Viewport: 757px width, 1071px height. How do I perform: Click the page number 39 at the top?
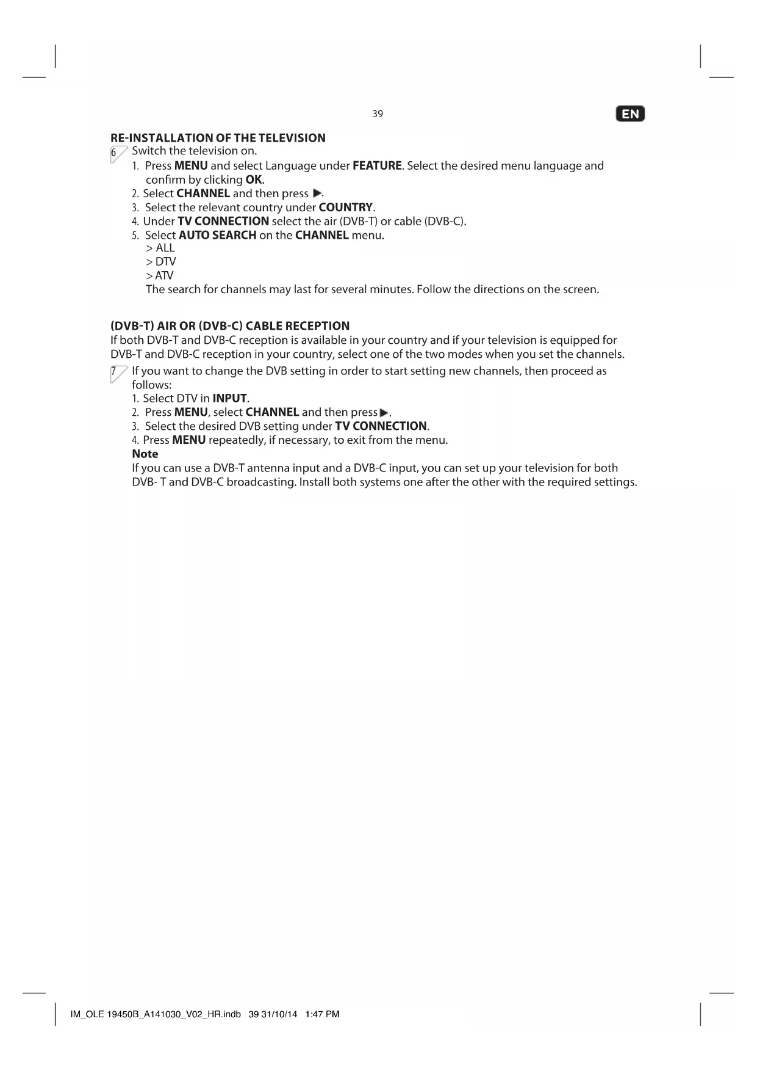click(x=378, y=114)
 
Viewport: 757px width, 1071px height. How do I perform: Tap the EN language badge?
click(x=631, y=114)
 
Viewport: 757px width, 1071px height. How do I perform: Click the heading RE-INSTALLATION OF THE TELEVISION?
click(x=218, y=138)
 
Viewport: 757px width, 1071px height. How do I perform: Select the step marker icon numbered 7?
click(x=118, y=374)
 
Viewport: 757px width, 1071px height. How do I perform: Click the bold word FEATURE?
click(x=377, y=166)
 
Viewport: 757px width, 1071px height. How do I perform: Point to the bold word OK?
click(x=254, y=180)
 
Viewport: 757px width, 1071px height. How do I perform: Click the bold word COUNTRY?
click(x=345, y=208)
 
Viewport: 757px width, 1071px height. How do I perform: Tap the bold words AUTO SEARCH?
click(x=217, y=236)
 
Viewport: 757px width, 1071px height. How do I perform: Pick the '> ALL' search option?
click(x=160, y=248)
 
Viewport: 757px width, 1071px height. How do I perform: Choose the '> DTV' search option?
click(x=161, y=262)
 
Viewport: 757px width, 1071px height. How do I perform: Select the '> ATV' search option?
click(x=160, y=276)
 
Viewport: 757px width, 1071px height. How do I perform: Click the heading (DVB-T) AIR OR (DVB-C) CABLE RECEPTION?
click(x=230, y=326)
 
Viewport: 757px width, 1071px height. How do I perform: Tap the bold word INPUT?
click(x=229, y=399)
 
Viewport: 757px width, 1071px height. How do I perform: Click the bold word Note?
click(x=145, y=454)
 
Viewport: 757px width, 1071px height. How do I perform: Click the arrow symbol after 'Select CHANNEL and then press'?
click(x=316, y=194)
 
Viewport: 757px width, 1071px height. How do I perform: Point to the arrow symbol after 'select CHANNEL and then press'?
click(x=384, y=413)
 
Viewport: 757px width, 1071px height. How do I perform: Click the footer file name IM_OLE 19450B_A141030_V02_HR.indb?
click(x=156, y=1014)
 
